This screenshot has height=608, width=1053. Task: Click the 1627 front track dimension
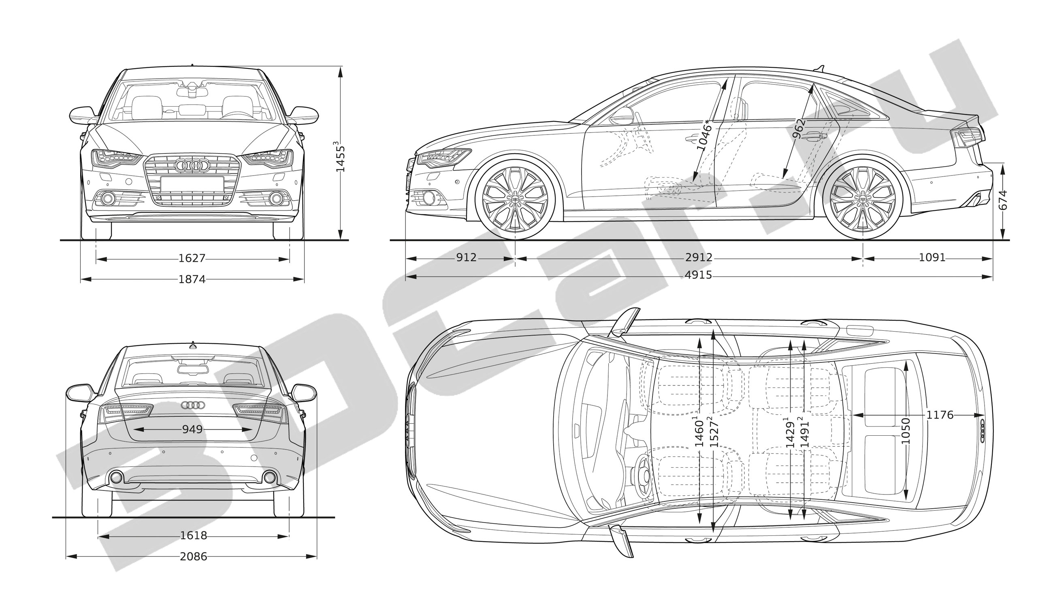[192, 259]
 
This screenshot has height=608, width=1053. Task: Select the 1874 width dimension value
[192, 279]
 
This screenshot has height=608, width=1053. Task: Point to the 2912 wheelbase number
[699, 258]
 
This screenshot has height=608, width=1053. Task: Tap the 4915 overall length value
[698, 275]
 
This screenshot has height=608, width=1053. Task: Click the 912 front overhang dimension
[466, 258]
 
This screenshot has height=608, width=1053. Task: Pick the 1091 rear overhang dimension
[932, 258]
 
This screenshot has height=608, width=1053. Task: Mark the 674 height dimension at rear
[1003, 201]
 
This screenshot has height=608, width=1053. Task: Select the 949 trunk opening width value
[192, 429]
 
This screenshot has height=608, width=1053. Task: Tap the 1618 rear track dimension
[193, 535]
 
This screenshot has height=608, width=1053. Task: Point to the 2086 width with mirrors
[193, 556]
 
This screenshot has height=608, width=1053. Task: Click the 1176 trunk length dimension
[940, 415]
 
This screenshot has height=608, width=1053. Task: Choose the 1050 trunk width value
[906, 431]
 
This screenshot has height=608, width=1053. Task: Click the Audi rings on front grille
[192, 165]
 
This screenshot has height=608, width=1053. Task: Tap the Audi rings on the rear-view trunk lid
[193, 405]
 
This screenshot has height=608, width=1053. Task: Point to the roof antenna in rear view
[193, 345]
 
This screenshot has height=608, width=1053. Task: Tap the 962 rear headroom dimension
[798, 128]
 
